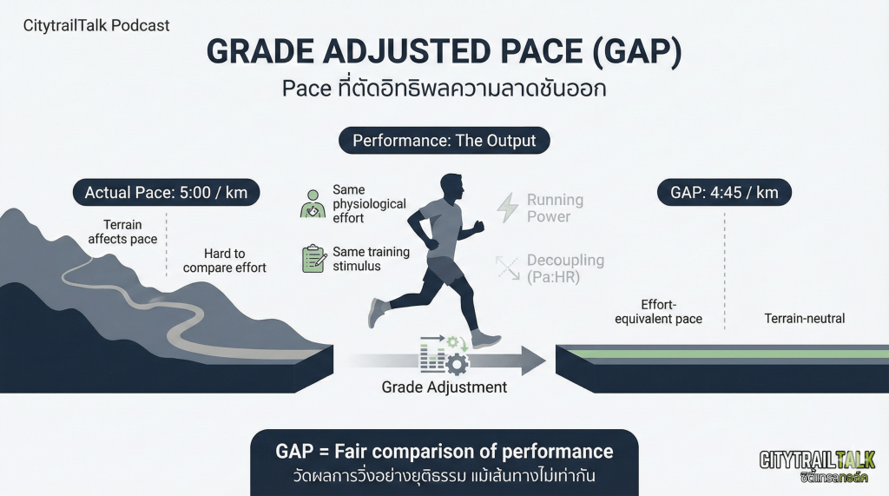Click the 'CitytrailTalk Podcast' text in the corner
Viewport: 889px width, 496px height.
coord(96,25)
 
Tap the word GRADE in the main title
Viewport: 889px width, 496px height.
coord(260,51)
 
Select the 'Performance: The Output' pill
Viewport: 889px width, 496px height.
coord(444,141)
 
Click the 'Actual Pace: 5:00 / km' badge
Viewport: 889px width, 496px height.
coord(166,192)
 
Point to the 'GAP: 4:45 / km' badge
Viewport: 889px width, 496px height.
coord(724,192)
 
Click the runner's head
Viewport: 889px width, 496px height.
coord(451,187)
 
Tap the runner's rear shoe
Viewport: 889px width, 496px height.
coord(375,313)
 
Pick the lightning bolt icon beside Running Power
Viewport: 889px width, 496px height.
coord(507,207)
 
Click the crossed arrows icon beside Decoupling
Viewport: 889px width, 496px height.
coord(507,268)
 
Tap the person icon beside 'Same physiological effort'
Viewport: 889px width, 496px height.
coord(313,204)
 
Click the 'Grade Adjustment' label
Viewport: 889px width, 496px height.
coord(444,387)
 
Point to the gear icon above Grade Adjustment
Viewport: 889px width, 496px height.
coord(457,364)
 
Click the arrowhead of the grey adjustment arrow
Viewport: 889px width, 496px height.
coord(534,360)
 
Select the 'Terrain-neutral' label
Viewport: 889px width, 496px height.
coord(805,319)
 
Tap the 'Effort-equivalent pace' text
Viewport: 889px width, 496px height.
coord(658,312)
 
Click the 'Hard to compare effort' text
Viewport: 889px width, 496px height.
coord(225,261)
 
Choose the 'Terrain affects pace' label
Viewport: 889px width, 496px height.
coord(122,232)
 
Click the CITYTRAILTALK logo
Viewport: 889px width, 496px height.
coord(817,466)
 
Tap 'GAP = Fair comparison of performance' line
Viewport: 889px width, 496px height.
coord(444,451)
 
